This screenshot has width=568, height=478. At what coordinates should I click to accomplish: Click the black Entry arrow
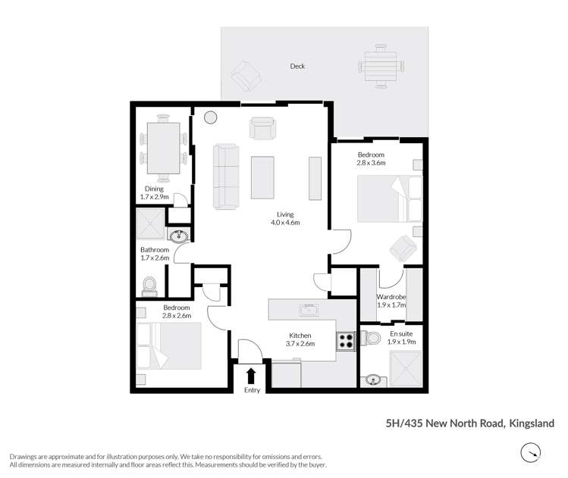point(252,374)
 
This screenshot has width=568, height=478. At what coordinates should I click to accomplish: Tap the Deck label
point(297,67)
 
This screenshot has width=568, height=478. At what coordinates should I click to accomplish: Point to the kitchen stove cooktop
point(346,340)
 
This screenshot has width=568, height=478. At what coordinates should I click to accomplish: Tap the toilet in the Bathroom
point(149,283)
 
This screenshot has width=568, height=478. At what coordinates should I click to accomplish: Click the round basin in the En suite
point(372,379)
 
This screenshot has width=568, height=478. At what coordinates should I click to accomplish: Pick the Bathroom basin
point(179,236)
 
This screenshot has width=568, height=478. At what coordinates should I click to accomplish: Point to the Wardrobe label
point(391,301)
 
